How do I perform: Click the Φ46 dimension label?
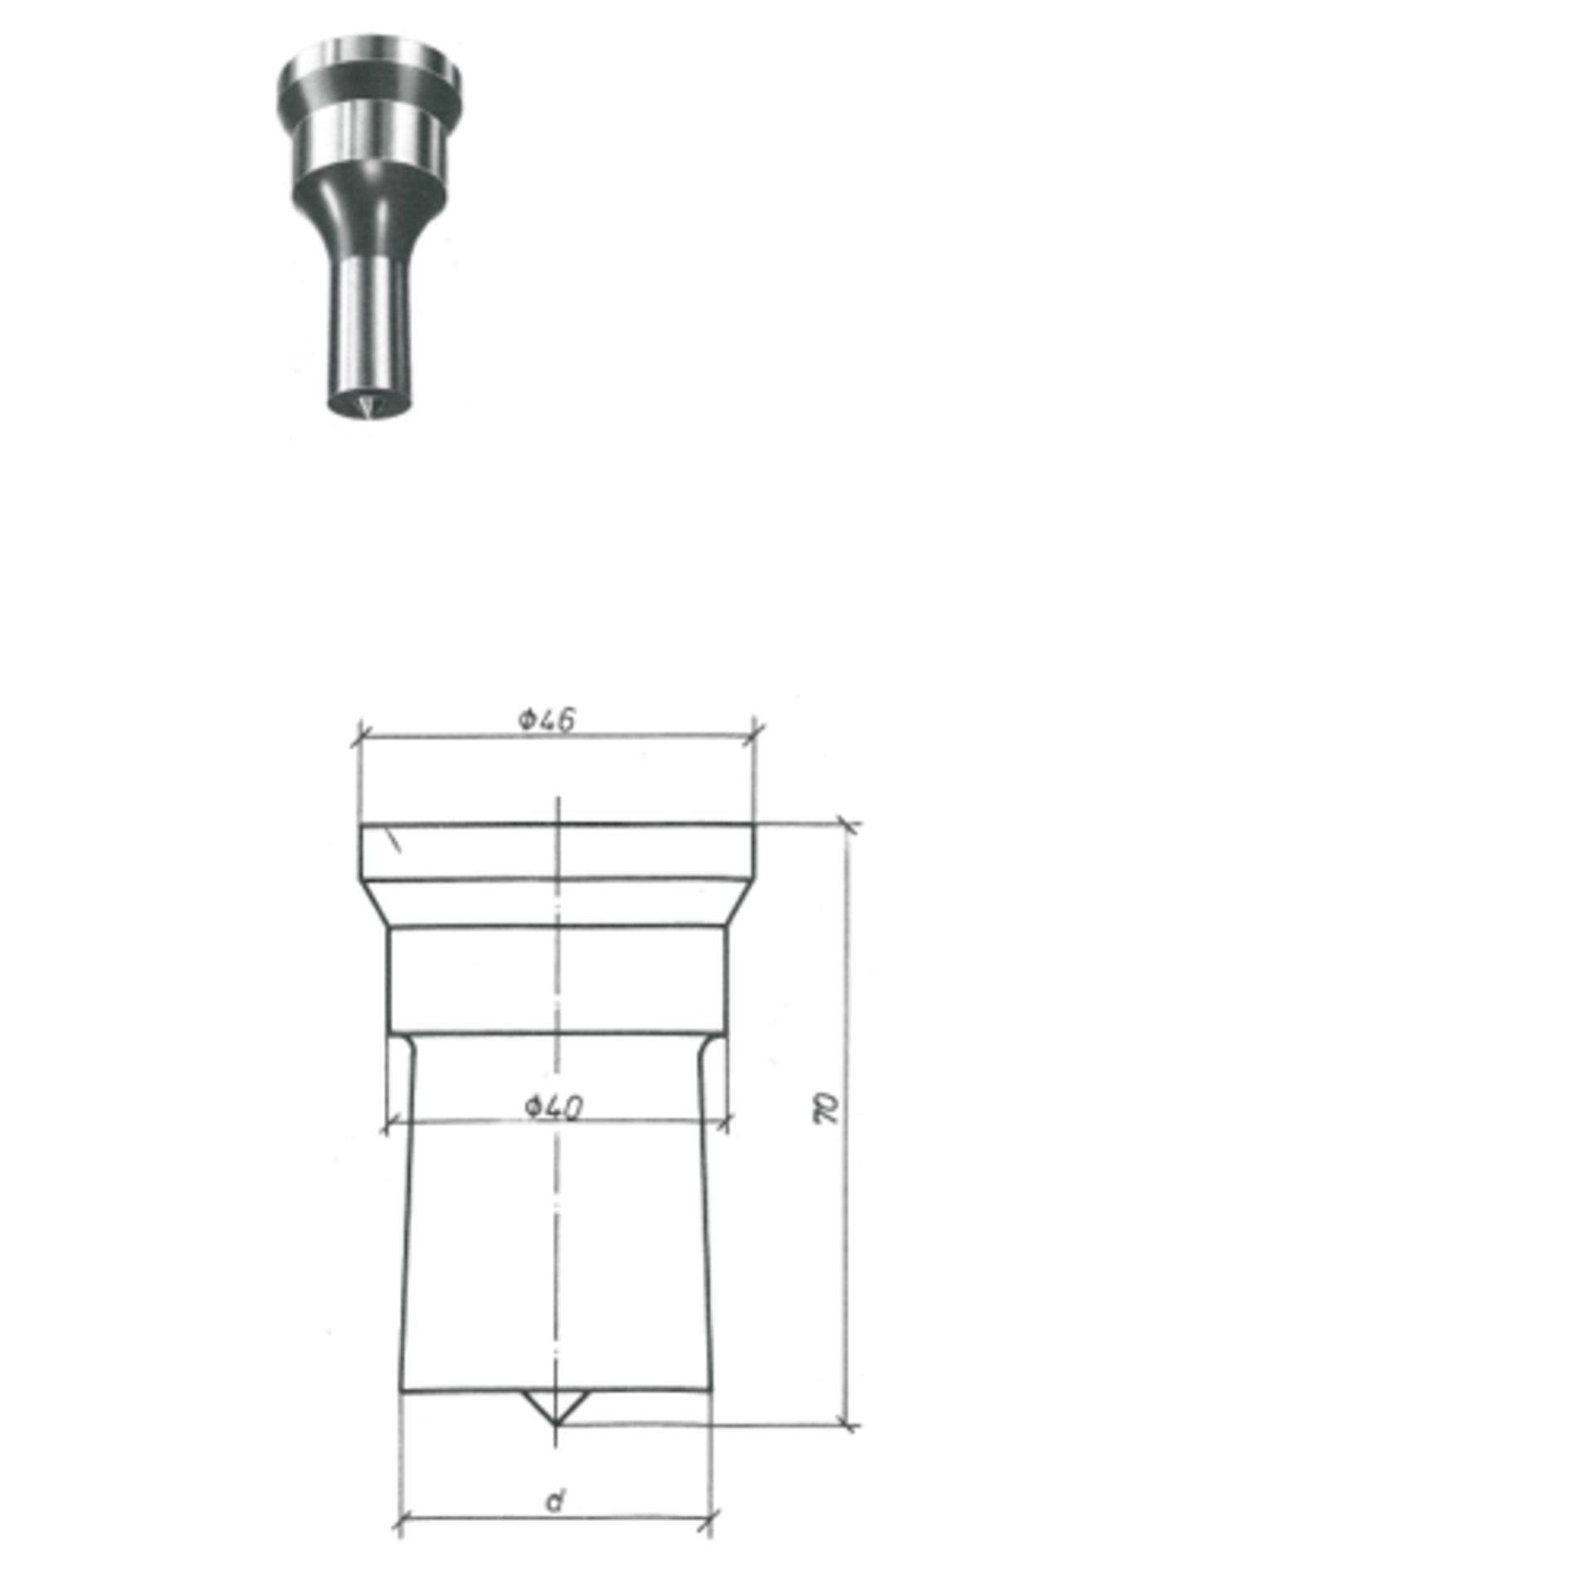click(547, 719)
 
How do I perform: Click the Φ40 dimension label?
click(553, 1107)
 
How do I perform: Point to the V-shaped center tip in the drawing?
click(555, 1408)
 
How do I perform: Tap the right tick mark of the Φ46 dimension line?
click(754, 731)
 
